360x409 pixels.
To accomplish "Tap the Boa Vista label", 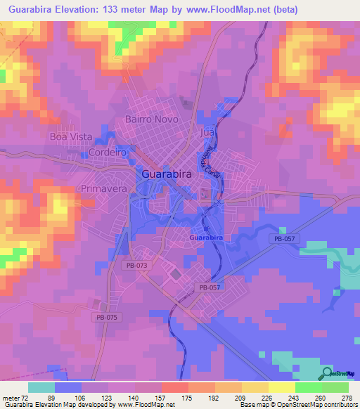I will (x=66, y=136).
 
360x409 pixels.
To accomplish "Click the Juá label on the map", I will (x=206, y=132).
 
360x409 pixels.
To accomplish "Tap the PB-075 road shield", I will (x=103, y=318).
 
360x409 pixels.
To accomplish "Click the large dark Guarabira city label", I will (x=169, y=173).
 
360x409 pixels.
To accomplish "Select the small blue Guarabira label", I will (x=207, y=239).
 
